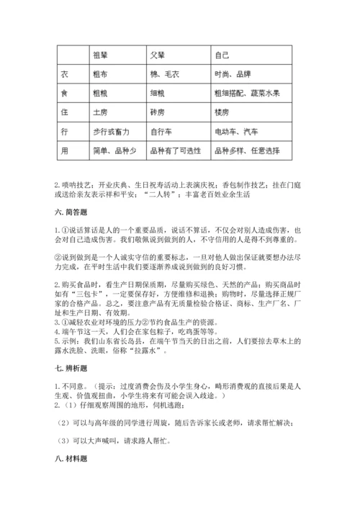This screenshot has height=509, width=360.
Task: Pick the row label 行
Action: [63, 132]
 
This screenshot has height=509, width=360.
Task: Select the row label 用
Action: [63, 152]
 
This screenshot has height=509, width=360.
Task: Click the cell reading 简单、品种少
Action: [111, 152]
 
